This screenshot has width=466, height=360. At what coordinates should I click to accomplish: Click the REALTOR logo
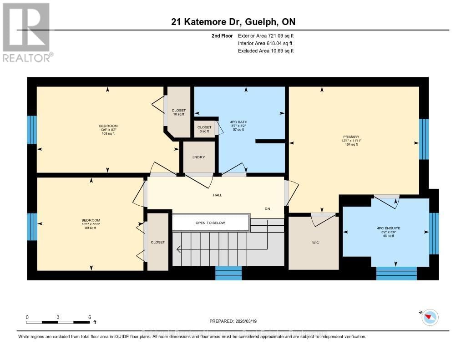point(26,32)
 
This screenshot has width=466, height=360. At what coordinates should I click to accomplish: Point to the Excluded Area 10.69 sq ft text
point(266,51)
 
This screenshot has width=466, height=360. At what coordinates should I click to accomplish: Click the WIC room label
point(315,243)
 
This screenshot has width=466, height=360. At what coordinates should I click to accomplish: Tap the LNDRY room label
point(198,157)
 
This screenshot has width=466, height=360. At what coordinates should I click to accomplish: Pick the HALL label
point(217,195)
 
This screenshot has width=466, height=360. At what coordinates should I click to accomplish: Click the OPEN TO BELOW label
point(210,223)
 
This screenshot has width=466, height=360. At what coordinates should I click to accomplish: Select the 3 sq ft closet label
point(204,131)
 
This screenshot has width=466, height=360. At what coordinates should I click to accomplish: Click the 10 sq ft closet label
point(178,114)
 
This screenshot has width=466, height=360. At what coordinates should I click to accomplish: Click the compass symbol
point(430,317)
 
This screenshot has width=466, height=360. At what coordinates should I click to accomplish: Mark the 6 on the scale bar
point(90,317)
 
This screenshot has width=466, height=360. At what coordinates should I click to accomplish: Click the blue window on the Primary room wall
point(424,139)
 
